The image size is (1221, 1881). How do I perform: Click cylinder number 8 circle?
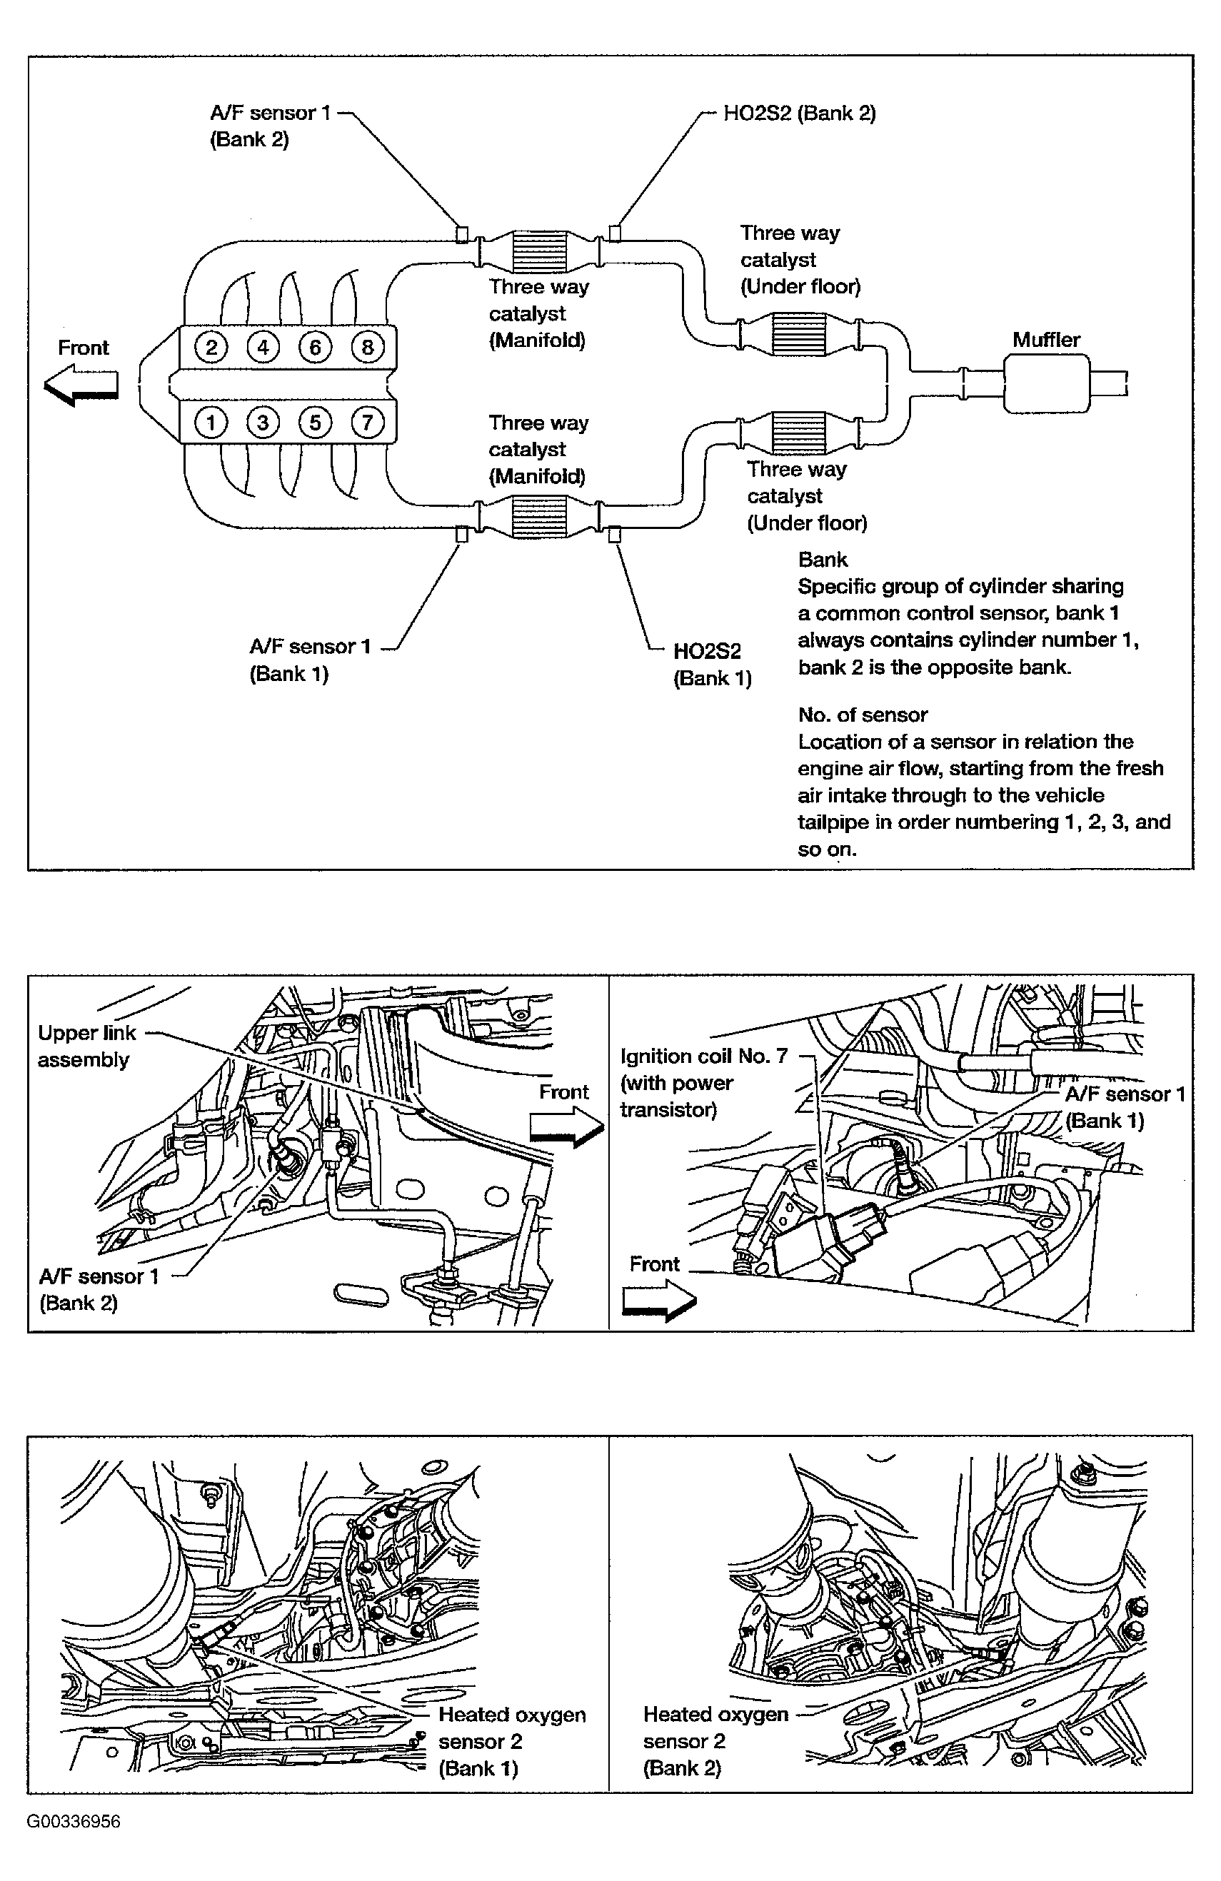point(367,347)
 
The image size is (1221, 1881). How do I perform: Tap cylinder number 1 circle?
point(211,423)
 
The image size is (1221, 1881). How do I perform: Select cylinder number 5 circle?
point(315,423)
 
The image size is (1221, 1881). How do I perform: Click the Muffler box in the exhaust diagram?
point(1045,383)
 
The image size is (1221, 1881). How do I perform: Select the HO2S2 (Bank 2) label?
point(799,113)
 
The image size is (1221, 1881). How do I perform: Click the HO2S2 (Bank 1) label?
point(711,664)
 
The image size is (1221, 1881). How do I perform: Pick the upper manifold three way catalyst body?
point(541,252)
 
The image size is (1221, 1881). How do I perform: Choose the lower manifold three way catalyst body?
point(541,517)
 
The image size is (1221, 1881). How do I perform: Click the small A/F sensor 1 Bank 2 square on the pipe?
point(462,234)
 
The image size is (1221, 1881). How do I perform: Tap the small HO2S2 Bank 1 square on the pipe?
point(614,535)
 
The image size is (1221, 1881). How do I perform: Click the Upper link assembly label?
point(86,1046)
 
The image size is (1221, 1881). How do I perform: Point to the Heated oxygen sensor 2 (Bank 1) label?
point(511,1740)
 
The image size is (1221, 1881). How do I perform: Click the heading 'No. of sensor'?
point(863,715)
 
